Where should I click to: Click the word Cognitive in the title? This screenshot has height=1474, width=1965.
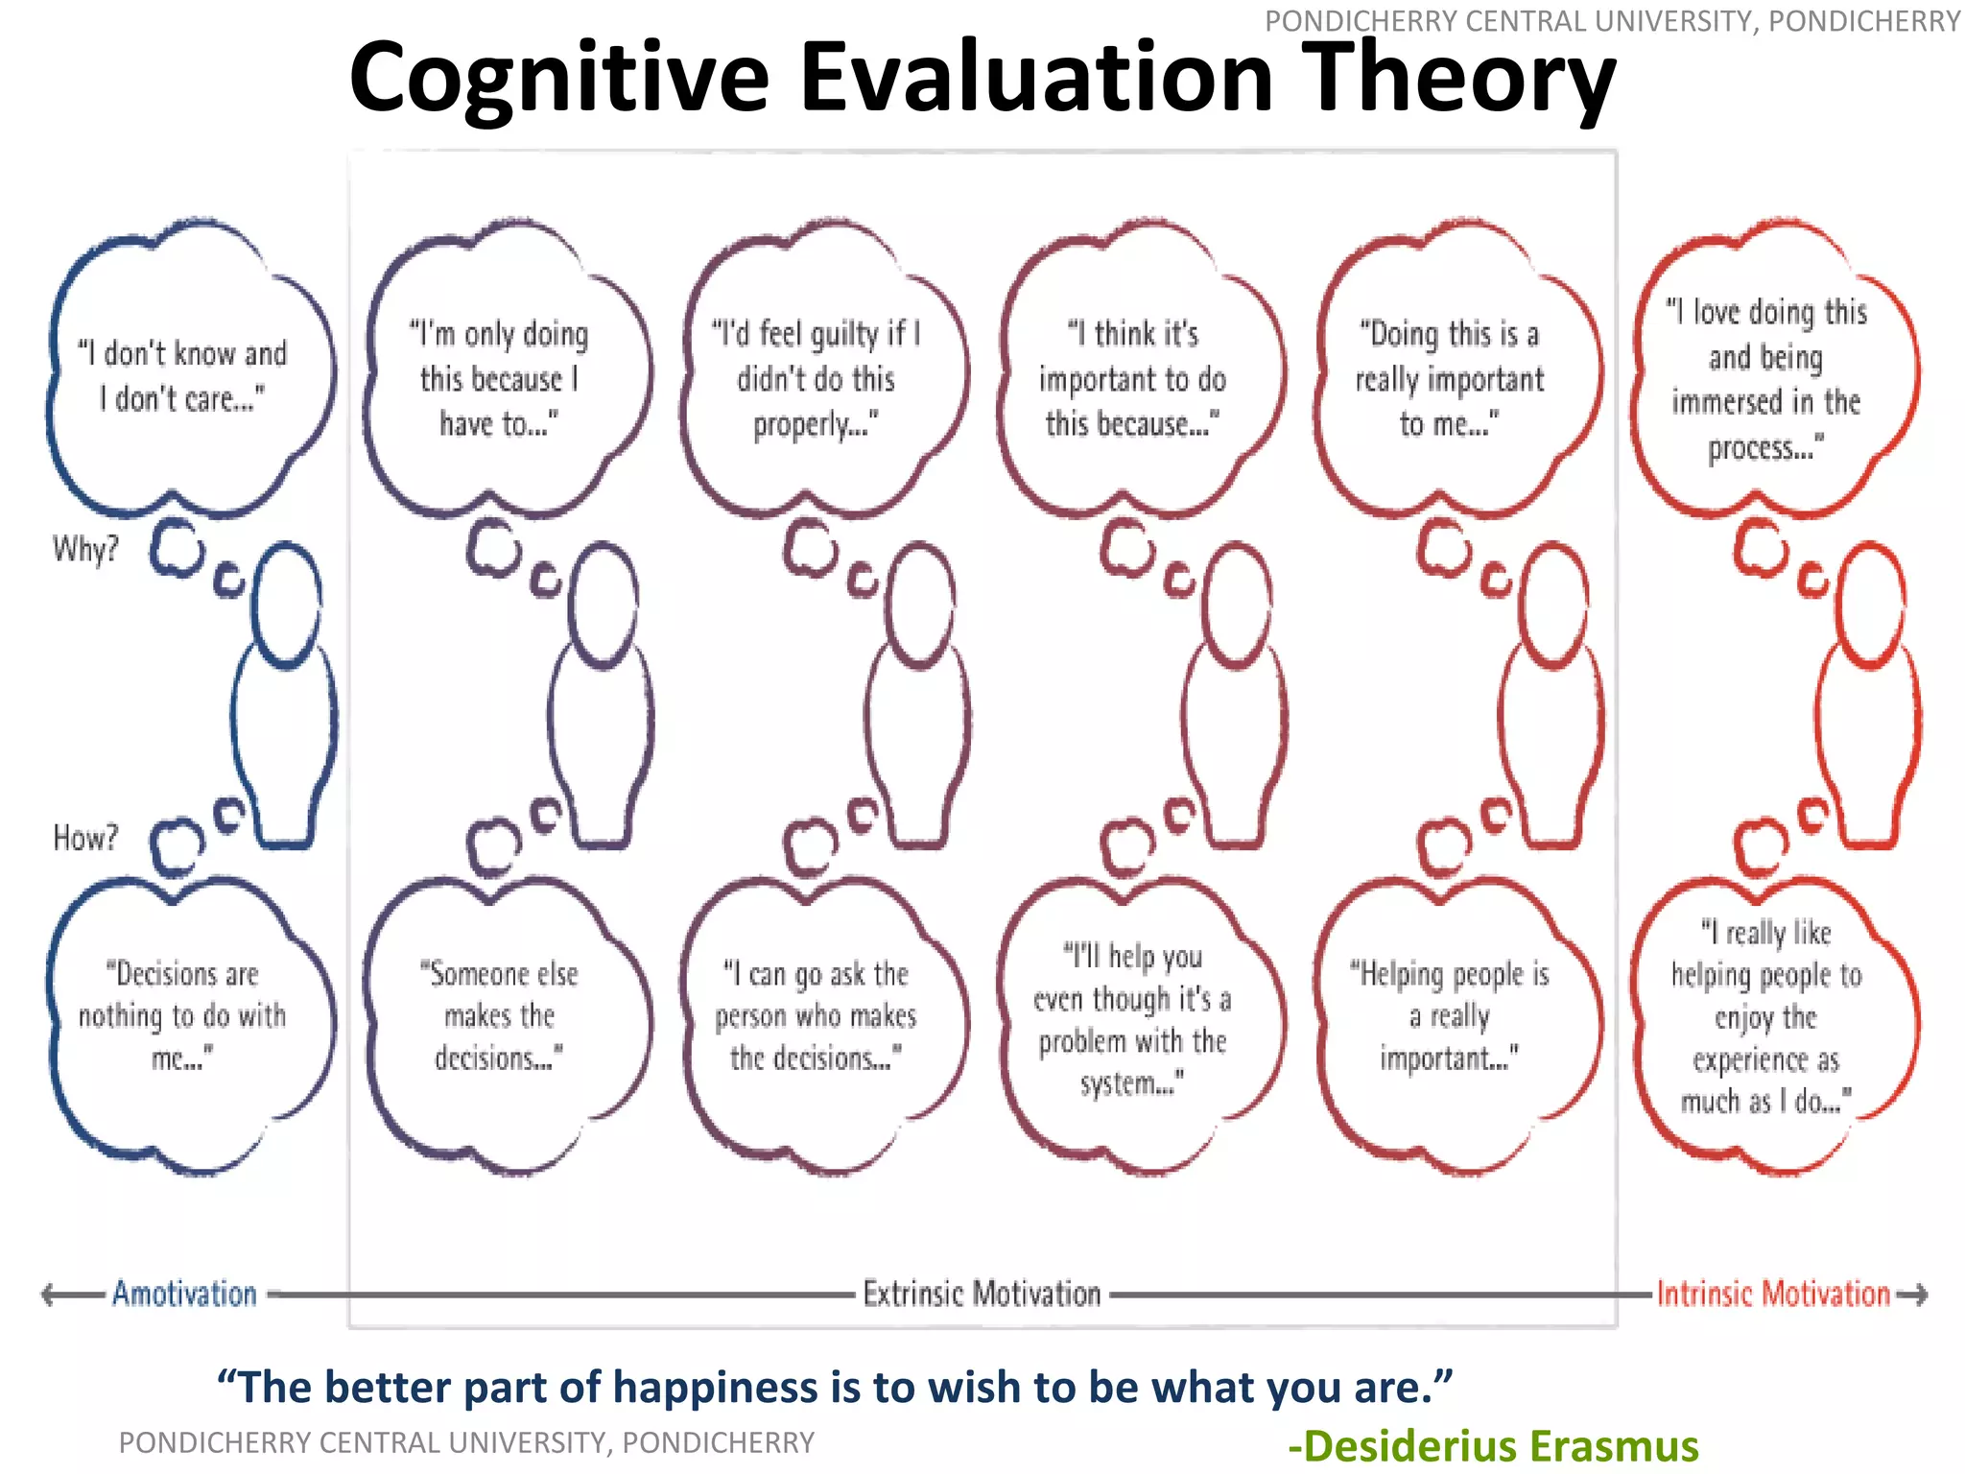[x=558, y=79]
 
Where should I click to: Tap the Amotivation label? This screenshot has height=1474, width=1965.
[x=184, y=1294]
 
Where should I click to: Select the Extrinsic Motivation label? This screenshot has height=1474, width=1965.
[x=982, y=1294]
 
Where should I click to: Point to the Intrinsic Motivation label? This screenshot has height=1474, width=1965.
[x=1773, y=1294]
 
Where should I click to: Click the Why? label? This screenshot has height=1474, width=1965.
[x=85, y=550]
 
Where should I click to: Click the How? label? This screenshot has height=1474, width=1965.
[x=85, y=838]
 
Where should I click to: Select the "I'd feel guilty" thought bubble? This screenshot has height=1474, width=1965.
[x=816, y=378]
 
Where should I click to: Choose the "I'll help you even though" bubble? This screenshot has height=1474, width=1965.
[x=1132, y=1019]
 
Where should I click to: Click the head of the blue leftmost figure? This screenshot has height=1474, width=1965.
[x=286, y=605]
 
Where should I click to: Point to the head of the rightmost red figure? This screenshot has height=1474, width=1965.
[x=1869, y=605]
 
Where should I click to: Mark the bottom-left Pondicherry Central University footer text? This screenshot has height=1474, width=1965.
[x=466, y=1442]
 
